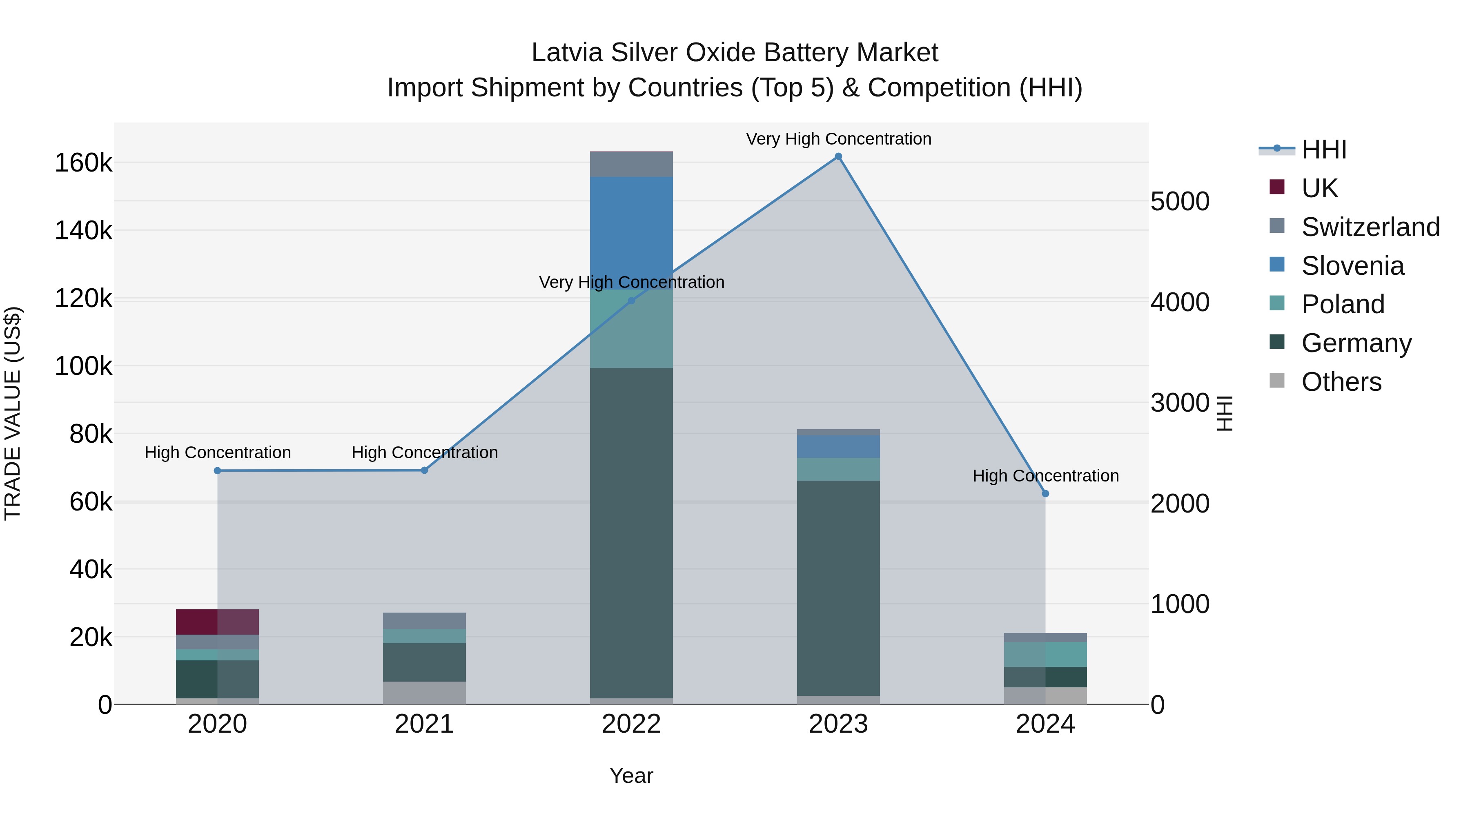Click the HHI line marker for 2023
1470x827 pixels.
tap(838, 156)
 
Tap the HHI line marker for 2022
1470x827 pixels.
tap(631, 301)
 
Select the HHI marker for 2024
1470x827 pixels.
tap(1045, 494)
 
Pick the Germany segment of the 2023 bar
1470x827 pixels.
tap(838, 588)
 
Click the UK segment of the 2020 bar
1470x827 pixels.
tap(217, 622)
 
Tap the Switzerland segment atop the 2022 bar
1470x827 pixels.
tap(631, 164)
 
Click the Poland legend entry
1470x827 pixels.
tap(1343, 304)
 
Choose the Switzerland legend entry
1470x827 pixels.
tap(1370, 227)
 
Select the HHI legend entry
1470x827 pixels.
tap(1324, 149)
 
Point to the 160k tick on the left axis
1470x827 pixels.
tap(83, 163)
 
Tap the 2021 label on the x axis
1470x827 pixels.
tap(424, 724)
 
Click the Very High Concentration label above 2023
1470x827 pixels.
tap(838, 139)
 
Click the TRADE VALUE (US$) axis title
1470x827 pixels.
tap(13, 413)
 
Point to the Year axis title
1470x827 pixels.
tap(631, 776)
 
